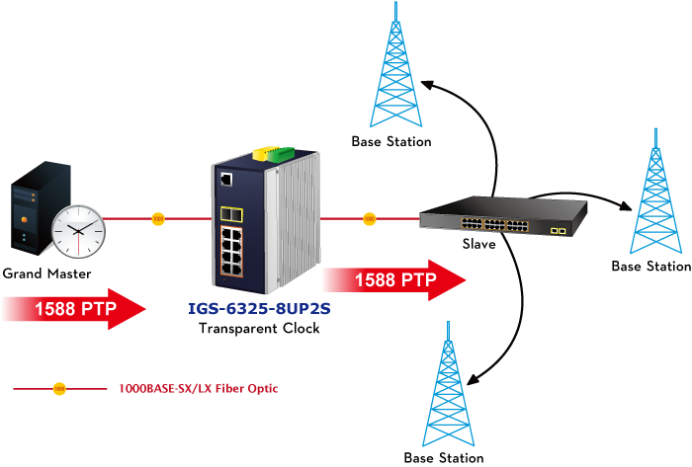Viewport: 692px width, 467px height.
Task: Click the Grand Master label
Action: (x=46, y=273)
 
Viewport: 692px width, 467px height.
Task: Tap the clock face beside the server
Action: (x=78, y=231)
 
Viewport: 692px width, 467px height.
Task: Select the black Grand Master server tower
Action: (x=39, y=208)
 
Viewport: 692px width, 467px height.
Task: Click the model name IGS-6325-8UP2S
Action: (x=259, y=308)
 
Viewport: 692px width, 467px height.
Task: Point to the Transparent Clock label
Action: (x=259, y=328)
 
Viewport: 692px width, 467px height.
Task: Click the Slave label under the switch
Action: (x=478, y=244)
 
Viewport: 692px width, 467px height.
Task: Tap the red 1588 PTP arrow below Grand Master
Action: (x=74, y=309)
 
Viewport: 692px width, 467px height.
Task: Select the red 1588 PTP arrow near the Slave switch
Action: (x=394, y=280)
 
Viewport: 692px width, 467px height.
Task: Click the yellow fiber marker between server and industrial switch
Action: (x=158, y=218)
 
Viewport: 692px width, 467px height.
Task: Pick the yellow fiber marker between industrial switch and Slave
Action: (x=370, y=218)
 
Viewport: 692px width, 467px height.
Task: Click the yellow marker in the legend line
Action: (x=59, y=389)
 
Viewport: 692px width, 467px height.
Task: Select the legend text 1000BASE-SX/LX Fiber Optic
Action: (x=199, y=389)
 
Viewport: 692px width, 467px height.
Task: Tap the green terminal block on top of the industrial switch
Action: (x=281, y=154)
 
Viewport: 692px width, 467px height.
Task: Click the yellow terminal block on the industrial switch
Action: (x=263, y=153)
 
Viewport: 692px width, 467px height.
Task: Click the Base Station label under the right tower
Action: (x=650, y=267)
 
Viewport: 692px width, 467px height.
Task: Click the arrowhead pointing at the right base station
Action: (x=626, y=204)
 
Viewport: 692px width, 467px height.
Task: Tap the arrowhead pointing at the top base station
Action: (x=428, y=85)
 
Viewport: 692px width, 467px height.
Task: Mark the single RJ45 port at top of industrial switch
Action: (x=226, y=180)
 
